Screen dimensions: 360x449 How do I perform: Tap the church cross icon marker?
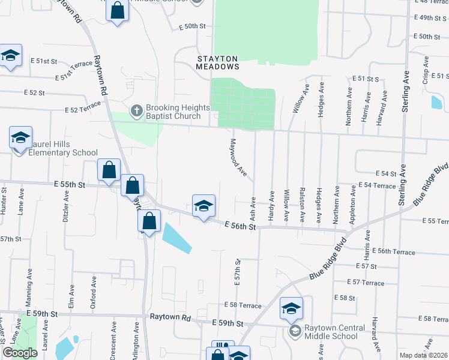136,111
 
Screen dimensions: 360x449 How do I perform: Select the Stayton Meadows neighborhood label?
218,62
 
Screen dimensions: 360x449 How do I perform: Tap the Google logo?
20,353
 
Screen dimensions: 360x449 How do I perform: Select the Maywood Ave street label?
238,158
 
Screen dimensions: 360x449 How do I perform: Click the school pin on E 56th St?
203,206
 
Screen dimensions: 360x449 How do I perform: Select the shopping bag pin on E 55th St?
109,170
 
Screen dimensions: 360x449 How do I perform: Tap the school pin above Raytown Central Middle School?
291,309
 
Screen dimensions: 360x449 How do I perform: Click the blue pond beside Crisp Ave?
436,103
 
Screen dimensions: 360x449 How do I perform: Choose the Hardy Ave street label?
272,205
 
